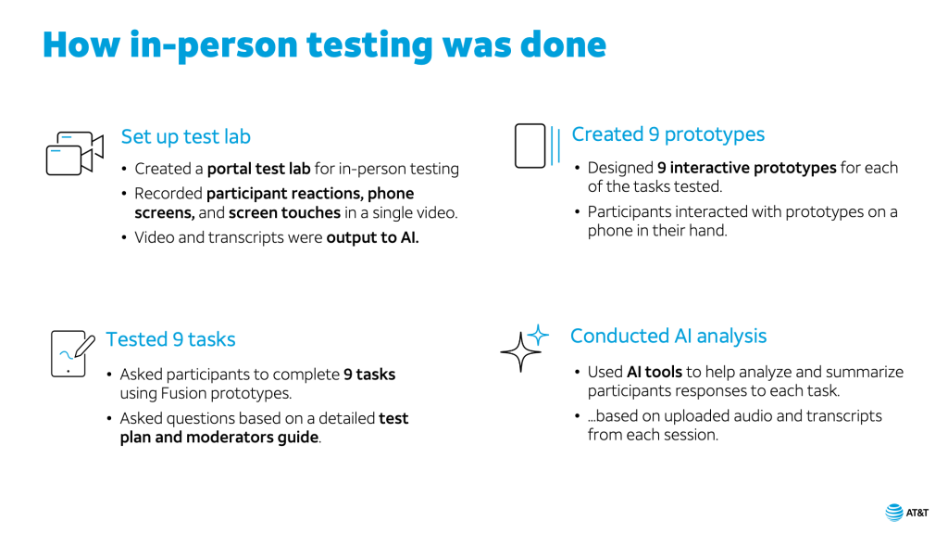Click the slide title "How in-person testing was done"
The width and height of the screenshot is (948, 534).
[324, 45]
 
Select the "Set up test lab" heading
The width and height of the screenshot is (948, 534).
[185, 137]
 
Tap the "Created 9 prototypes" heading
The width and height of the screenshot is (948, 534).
[668, 134]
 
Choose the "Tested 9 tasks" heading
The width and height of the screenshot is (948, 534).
[170, 339]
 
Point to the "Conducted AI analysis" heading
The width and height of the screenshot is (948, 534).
[668, 336]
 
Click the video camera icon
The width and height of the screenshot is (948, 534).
[75, 153]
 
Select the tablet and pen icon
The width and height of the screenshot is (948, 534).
[72, 353]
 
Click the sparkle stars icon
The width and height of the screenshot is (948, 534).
[524, 348]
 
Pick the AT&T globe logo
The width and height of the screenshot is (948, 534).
[894, 512]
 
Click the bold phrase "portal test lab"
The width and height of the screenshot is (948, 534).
[259, 169]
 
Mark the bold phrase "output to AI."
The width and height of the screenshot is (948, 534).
[372, 237]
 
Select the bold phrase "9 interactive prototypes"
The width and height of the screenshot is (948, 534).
[747, 168]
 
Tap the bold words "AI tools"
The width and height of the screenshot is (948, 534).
[655, 372]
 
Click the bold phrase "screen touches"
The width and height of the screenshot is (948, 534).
[284, 213]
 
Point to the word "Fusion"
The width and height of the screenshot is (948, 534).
[181, 393]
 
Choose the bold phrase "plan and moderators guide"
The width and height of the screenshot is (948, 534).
[218, 438]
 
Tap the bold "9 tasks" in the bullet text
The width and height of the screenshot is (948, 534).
[369, 375]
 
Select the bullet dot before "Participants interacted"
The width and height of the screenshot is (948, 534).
[578, 212]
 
